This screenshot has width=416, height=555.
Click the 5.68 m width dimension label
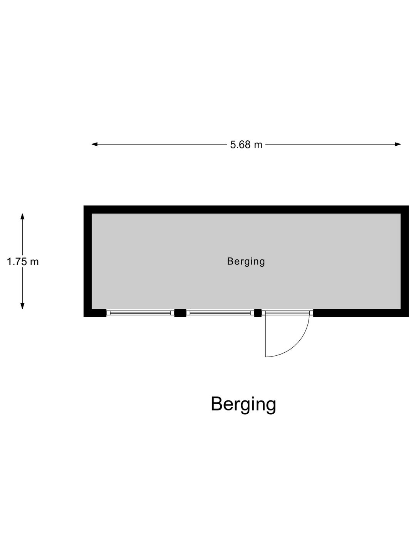tap(246, 145)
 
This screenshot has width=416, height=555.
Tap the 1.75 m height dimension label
tap(23, 261)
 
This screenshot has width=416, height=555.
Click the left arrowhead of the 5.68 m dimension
tap(94, 145)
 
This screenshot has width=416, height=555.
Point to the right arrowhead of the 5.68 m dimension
tap(398, 145)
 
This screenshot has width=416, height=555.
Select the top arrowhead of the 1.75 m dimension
tap(22, 217)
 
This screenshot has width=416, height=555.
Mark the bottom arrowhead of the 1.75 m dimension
tap(22, 306)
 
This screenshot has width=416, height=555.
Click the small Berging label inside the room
tap(246, 261)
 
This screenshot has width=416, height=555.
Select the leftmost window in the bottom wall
tap(141, 313)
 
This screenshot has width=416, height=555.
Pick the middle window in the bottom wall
tap(220, 313)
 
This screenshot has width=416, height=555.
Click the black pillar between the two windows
tap(180, 313)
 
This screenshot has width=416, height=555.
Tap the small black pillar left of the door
tap(258, 313)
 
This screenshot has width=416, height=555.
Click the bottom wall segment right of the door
tap(361, 313)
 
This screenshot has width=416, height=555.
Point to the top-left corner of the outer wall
tap(84, 206)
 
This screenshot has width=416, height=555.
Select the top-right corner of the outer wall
tap(408, 206)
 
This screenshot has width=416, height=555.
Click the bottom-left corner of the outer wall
tap(84, 317)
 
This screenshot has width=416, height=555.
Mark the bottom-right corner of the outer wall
tap(408, 317)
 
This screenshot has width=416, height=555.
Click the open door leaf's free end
tap(265, 357)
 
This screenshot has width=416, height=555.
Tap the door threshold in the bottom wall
tap(287, 313)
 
